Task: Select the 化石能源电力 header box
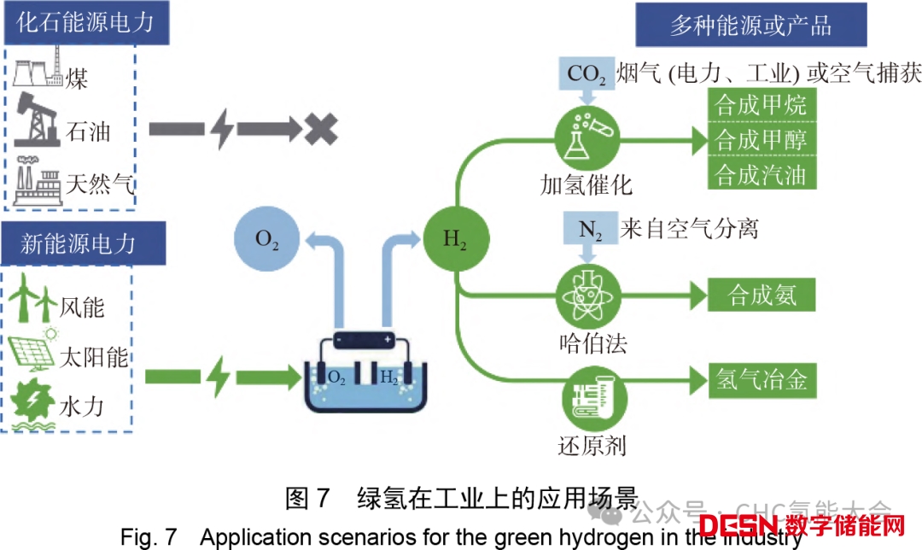coord(85,22)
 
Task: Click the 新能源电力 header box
coord(78,243)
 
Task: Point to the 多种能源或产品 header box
coord(750,25)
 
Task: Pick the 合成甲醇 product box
coord(762,139)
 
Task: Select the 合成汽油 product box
coord(762,174)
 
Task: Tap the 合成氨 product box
coord(762,295)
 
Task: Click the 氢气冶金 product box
coord(762,378)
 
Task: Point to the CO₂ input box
coord(586,74)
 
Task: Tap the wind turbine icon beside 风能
coord(35,299)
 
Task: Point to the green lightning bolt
coord(218,376)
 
